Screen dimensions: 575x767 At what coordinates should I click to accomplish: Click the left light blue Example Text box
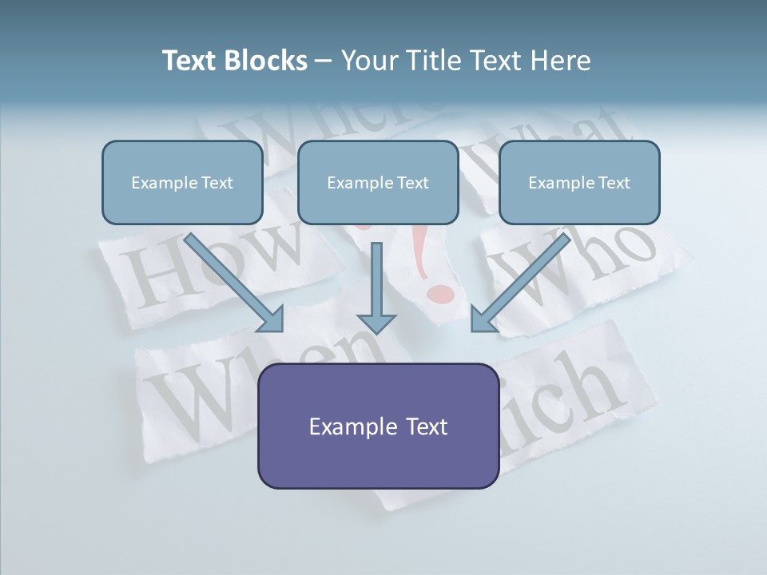(182, 182)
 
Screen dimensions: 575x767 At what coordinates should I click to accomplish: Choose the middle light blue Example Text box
(378, 182)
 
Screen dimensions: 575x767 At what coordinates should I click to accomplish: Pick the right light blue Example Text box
(579, 182)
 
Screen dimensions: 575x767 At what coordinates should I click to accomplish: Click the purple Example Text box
(378, 426)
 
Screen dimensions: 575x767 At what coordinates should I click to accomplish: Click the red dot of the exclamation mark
(440, 295)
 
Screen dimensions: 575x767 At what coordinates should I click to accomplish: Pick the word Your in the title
(369, 61)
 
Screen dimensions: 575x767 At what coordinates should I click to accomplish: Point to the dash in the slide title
(324, 61)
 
